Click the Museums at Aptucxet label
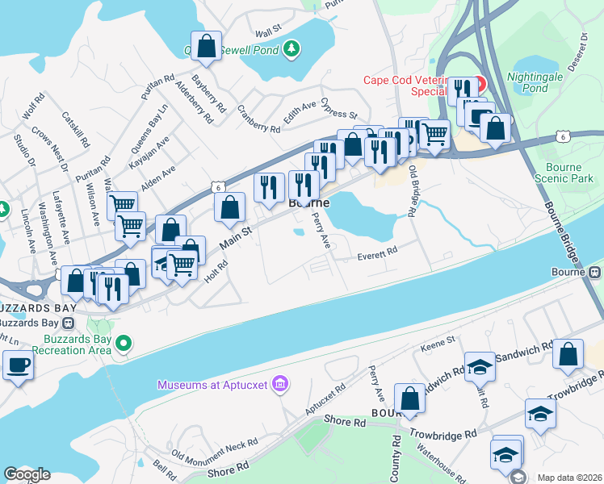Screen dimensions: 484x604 212,385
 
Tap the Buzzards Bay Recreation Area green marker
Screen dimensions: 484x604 123,344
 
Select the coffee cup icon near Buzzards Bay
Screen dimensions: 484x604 17,365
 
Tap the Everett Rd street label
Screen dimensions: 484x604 378,253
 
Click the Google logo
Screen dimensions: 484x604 27,474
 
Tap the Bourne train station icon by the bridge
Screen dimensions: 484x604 596,272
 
